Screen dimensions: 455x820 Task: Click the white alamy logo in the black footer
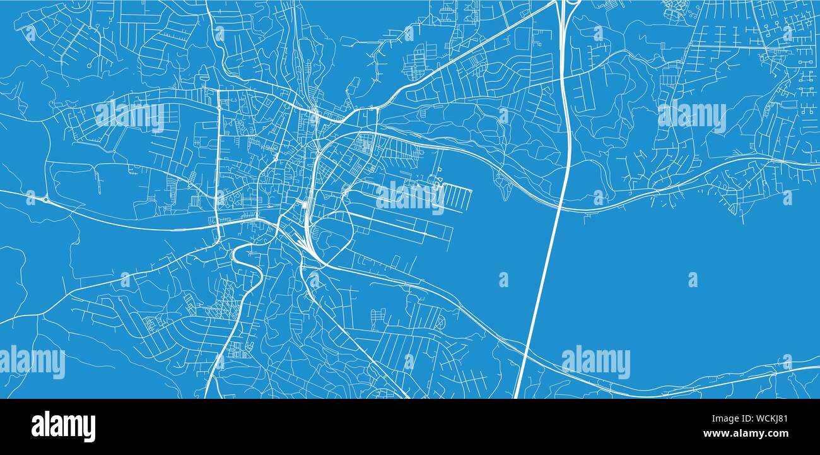pyautogui.click(x=63, y=427)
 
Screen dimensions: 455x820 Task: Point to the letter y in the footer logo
pyautogui.click(x=89, y=428)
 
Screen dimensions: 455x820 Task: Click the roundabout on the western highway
pyautogui.click(x=45, y=200)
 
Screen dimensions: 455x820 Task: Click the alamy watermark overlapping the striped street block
pyautogui.click(x=410, y=197)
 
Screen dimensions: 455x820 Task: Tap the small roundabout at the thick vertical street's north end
pyautogui.click(x=219, y=107)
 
